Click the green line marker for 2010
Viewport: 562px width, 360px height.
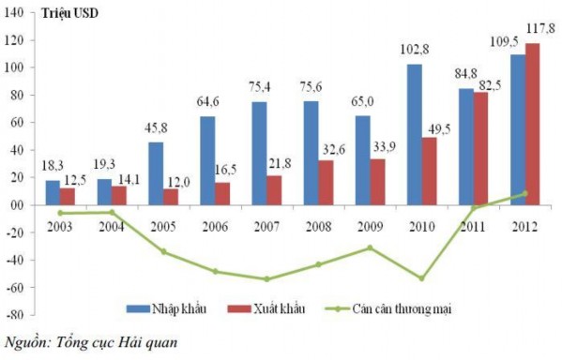(423, 278)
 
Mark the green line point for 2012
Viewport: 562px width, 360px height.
(525, 194)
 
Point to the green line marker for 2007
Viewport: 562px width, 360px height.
(266, 279)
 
